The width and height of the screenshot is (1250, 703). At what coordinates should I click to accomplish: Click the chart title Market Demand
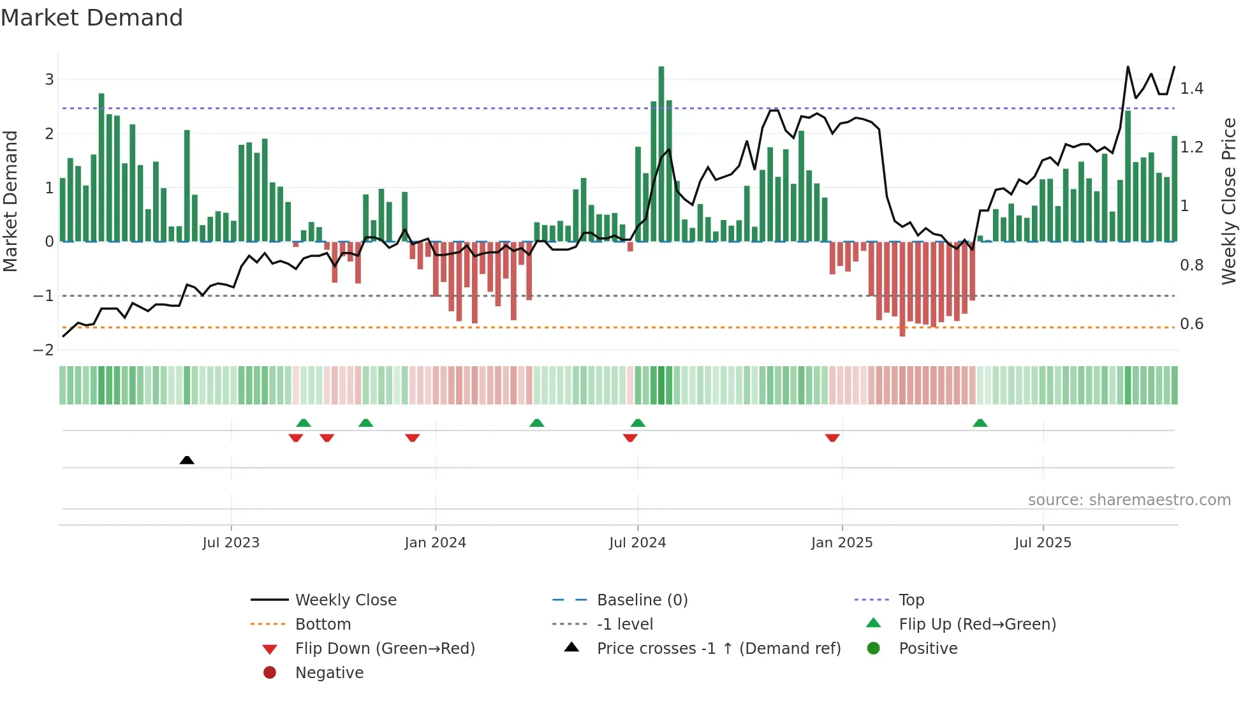pyautogui.click(x=92, y=18)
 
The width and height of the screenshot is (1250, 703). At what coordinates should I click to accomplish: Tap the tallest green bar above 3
pyautogui.click(x=661, y=153)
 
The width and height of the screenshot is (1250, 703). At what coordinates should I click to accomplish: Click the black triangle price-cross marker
pyautogui.click(x=187, y=460)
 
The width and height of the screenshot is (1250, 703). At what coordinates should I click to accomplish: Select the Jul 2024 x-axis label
pyautogui.click(x=637, y=543)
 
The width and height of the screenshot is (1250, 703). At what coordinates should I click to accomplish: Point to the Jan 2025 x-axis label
pyautogui.click(x=842, y=543)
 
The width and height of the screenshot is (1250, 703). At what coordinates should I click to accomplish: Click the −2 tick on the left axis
pyautogui.click(x=44, y=350)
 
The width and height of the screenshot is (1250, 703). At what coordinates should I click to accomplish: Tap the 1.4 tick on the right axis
pyautogui.click(x=1191, y=89)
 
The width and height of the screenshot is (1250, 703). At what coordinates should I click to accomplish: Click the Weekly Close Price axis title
pyautogui.click(x=1228, y=201)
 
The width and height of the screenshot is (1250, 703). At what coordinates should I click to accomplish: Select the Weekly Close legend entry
pyautogui.click(x=345, y=600)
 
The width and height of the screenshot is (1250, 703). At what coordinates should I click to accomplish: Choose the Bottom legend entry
pyautogui.click(x=323, y=625)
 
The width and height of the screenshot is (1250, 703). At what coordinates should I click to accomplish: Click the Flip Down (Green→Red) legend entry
pyautogui.click(x=385, y=649)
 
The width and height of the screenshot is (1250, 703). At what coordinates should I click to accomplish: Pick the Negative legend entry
pyautogui.click(x=329, y=673)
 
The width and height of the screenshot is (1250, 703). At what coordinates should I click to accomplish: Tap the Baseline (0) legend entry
pyautogui.click(x=642, y=600)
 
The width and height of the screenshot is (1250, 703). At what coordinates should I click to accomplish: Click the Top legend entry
pyautogui.click(x=911, y=600)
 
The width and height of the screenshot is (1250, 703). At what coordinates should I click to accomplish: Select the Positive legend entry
pyautogui.click(x=928, y=649)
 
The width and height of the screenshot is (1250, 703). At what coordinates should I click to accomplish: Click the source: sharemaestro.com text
pyautogui.click(x=1129, y=500)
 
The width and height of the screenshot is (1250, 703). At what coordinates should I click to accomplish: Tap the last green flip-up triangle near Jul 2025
pyautogui.click(x=980, y=423)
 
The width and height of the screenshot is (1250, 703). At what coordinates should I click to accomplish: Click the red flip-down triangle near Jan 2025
pyautogui.click(x=832, y=438)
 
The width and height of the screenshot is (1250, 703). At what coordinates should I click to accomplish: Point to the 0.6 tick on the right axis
pyautogui.click(x=1191, y=324)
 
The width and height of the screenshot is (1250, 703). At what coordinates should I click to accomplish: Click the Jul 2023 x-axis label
pyautogui.click(x=231, y=543)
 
